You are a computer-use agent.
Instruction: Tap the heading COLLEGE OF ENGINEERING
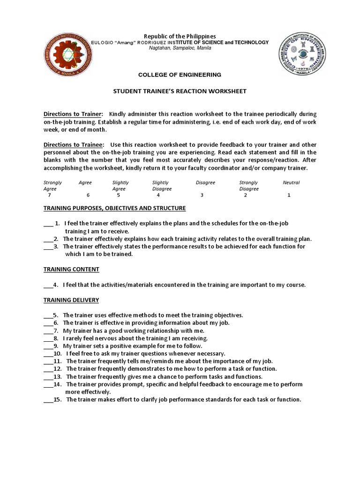[180, 75]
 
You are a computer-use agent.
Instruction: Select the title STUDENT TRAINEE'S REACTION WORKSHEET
[180, 91]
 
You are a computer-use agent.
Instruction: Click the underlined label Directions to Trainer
[73, 114]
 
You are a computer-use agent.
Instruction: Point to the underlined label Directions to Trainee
[74, 145]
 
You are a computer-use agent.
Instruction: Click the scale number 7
[49, 195]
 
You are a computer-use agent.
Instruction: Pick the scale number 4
[158, 195]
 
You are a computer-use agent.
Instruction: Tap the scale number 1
[289, 195]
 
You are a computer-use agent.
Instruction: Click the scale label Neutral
[291, 182]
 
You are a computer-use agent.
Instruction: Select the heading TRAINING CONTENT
[71, 269]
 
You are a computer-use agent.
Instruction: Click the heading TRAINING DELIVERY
[71, 300]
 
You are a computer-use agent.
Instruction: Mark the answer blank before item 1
[48, 224]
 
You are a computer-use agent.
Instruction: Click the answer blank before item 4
[48, 285]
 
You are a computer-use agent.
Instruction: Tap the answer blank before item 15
[48, 400]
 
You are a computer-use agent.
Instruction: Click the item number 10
[58, 353]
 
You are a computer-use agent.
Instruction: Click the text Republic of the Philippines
[180, 36]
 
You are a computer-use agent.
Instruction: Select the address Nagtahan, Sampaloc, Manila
[180, 48]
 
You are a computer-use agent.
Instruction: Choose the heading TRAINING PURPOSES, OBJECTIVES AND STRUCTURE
[115, 208]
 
